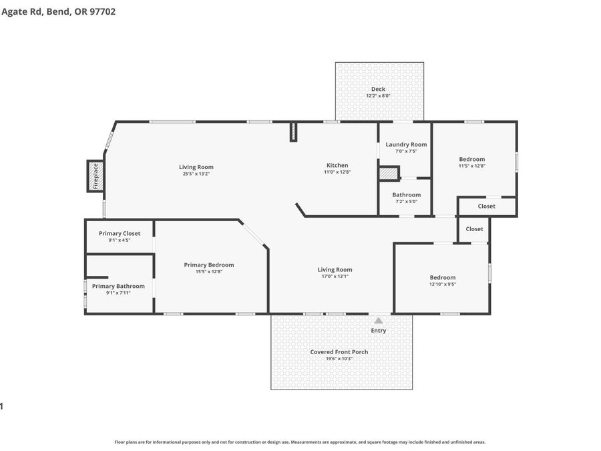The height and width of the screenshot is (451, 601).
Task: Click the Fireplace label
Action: click(x=95, y=176)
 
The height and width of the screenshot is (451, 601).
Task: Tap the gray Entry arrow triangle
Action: click(x=379, y=321)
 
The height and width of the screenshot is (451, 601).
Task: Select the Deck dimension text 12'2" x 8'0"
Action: click(x=379, y=96)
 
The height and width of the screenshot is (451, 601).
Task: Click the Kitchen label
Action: click(x=337, y=165)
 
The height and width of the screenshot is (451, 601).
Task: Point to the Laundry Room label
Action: click(x=406, y=144)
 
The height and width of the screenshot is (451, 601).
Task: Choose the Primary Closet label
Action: click(x=120, y=234)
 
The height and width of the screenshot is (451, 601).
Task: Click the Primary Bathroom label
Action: click(x=118, y=287)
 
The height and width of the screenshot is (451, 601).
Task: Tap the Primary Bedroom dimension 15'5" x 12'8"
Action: click(x=209, y=271)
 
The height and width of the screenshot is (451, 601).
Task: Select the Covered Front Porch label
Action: click(x=339, y=352)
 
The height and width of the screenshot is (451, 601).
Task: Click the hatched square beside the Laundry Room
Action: click(x=389, y=173)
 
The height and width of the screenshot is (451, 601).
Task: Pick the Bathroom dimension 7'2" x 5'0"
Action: click(x=406, y=201)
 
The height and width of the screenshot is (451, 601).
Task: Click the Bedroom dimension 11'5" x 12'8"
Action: click(x=472, y=166)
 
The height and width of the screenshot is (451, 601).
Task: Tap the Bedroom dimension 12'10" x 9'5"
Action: click(x=443, y=284)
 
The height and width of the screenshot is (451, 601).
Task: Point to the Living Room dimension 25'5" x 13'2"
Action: click(x=196, y=174)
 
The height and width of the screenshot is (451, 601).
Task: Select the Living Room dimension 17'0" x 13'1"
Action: click(x=335, y=276)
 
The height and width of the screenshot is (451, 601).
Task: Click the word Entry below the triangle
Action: click(x=379, y=331)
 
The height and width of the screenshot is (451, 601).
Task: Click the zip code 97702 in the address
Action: click(x=102, y=11)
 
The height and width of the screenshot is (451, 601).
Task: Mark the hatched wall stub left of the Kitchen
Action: click(x=293, y=132)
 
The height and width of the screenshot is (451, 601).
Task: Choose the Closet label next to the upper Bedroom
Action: click(x=486, y=206)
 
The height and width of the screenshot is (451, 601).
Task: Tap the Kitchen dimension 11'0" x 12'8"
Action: click(x=337, y=172)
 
